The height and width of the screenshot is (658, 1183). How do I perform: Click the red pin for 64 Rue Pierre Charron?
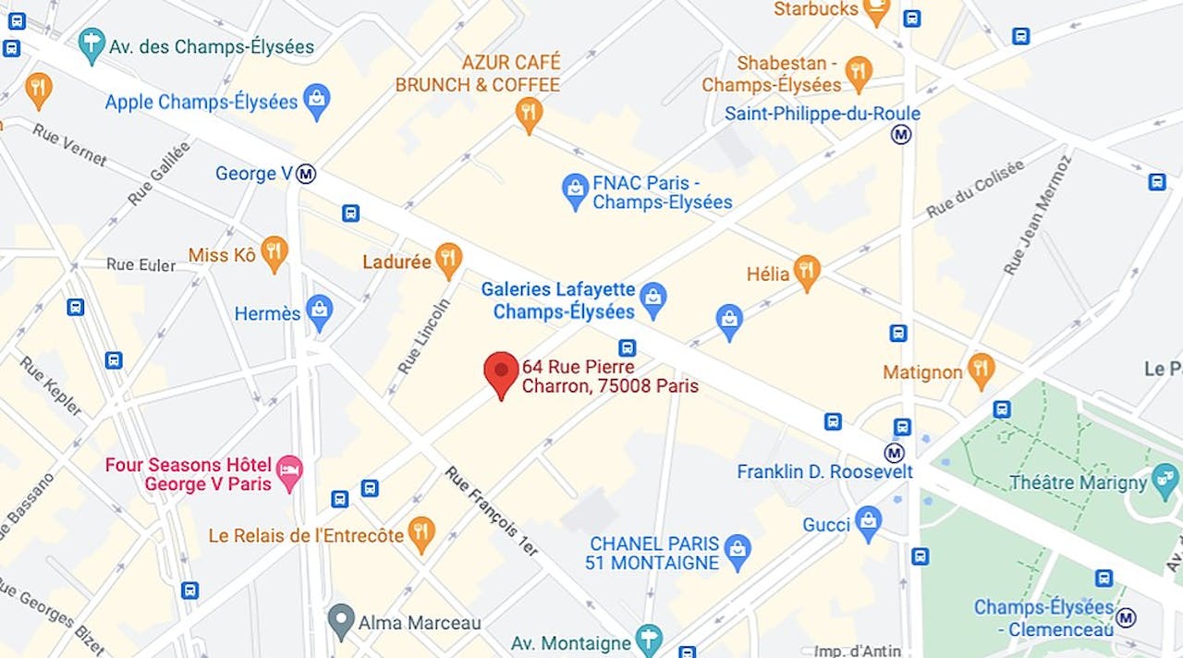501,372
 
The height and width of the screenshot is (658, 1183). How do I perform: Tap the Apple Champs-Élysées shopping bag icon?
317,101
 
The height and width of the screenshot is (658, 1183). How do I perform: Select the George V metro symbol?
307,174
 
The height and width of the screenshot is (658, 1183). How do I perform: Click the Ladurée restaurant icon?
448,261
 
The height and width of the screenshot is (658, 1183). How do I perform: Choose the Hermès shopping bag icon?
320,312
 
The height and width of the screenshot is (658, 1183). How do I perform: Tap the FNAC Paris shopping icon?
575,190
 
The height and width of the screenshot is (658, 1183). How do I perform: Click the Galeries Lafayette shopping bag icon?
653,299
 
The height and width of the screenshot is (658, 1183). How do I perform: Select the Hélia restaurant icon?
807,273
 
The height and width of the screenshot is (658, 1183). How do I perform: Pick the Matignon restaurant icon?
981,371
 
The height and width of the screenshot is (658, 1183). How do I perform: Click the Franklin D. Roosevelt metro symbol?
894,453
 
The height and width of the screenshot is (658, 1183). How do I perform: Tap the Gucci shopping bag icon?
868,523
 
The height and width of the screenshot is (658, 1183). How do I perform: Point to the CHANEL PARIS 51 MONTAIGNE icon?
737,551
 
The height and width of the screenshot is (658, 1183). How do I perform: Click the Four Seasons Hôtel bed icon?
289,472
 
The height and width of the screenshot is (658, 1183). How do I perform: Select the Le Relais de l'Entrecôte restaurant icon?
421,534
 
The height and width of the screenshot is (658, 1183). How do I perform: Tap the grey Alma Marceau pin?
342,621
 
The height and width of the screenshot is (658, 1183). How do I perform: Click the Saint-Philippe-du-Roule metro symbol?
901,135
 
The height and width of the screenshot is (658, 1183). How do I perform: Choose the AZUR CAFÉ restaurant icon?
528,115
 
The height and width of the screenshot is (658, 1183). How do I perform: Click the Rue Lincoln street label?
424,335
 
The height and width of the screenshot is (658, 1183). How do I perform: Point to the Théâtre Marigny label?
1078,482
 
